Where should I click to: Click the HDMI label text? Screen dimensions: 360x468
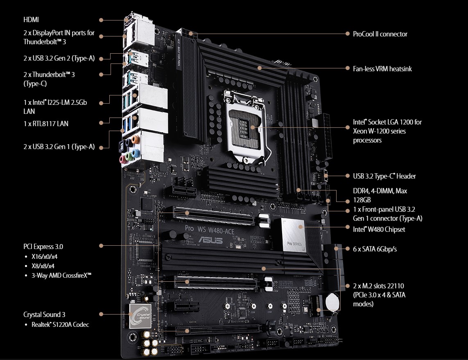(x=31, y=20)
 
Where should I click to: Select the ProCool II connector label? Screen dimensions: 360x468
(x=380, y=34)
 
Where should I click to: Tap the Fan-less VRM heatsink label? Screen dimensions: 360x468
(x=382, y=69)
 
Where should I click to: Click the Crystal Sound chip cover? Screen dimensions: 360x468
(x=140, y=315)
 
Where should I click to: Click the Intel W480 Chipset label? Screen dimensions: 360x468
(x=379, y=229)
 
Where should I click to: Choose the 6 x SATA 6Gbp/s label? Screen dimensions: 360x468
(x=375, y=249)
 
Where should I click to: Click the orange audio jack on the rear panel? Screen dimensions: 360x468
(x=136, y=140)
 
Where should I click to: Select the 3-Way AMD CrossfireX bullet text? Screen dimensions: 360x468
(x=61, y=275)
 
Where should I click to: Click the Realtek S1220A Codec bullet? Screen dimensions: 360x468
(x=60, y=325)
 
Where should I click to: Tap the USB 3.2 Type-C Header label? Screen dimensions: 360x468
(x=384, y=176)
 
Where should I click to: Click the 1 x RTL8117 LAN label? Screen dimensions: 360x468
(x=46, y=123)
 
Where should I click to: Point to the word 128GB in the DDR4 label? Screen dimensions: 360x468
(x=362, y=200)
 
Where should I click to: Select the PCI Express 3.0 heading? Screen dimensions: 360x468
(x=43, y=247)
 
